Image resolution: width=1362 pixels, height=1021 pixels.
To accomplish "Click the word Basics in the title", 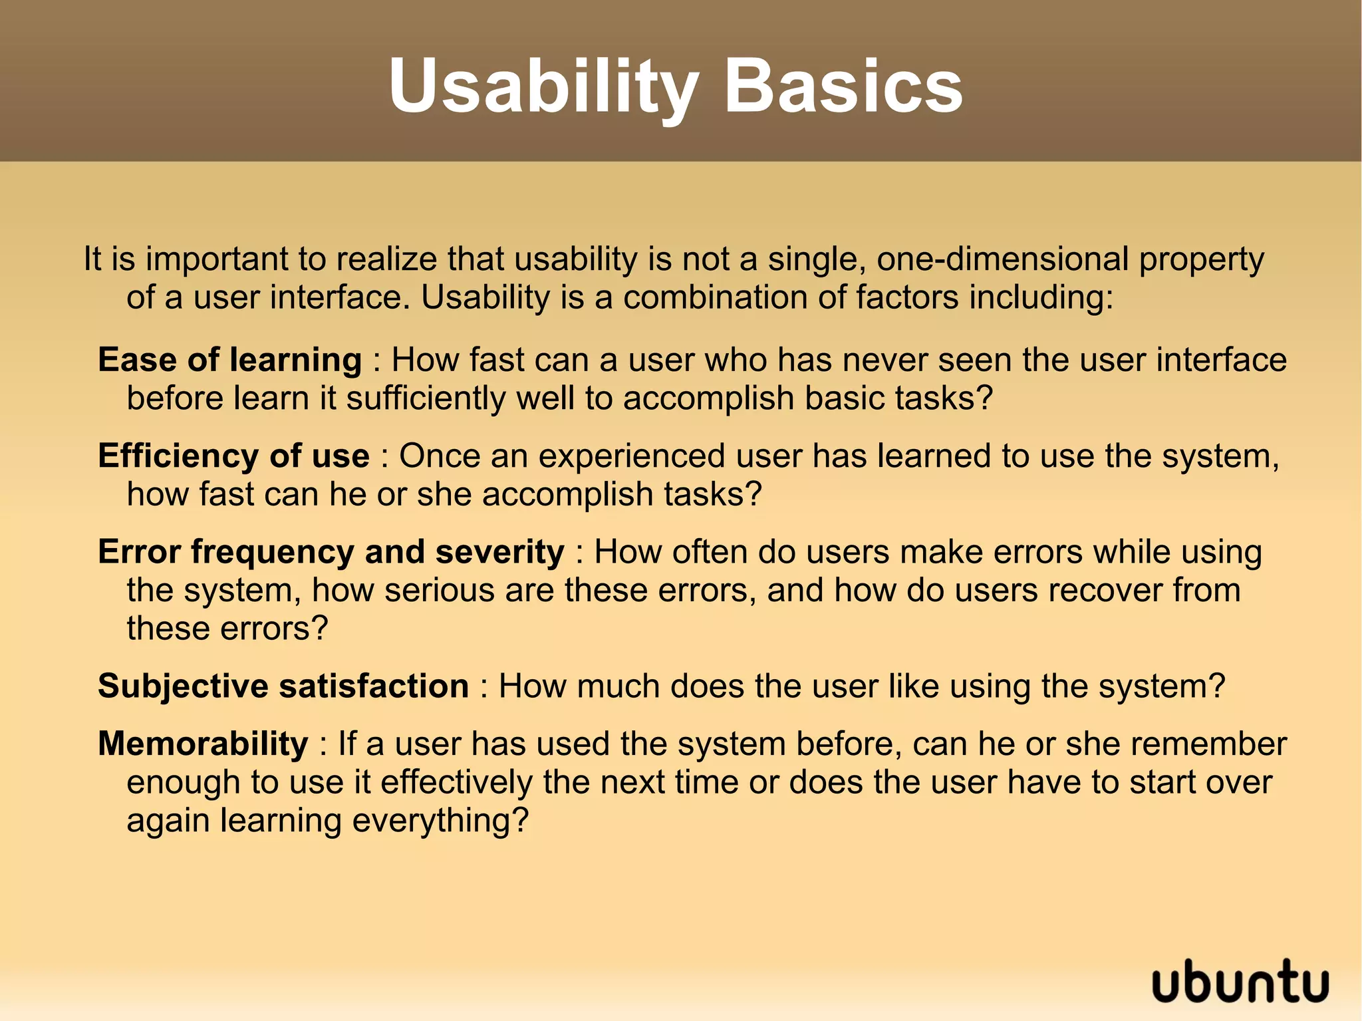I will tap(843, 86).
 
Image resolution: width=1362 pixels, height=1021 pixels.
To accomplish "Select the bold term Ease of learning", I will tap(229, 360).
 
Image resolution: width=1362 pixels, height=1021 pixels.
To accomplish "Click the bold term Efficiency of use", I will tap(233, 456).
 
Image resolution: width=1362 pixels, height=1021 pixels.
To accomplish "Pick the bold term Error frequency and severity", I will tap(331, 552).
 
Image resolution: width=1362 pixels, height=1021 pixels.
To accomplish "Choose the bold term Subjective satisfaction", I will tap(283, 686).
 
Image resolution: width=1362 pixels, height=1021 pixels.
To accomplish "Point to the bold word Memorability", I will tap(203, 744).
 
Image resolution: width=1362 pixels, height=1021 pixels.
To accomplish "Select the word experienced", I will tap(631, 456).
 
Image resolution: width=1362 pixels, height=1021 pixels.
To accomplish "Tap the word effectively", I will tap(456, 782).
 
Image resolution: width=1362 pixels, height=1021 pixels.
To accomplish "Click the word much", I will tap(618, 686).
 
